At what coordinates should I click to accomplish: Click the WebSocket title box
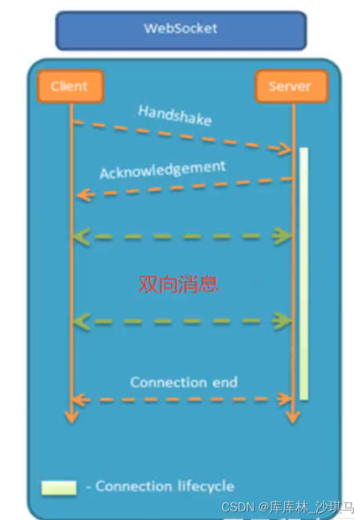(181, 30)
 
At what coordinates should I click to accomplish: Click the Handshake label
(175, 115)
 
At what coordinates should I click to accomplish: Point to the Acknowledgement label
(162, 169)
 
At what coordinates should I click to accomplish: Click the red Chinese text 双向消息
(179, 284)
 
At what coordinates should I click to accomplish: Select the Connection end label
(183, 382)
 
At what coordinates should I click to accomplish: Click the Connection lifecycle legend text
(164, 486)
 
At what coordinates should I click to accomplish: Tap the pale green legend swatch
(59, 487)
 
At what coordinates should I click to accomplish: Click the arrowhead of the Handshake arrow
(286, 149)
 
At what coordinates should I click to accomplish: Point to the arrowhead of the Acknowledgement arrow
(81, 195)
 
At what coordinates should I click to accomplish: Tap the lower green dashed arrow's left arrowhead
(80, 322)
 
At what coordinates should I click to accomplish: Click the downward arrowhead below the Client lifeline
(71, 416)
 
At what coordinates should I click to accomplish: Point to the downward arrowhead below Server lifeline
(293, 416)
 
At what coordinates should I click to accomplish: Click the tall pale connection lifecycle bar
(304, 273)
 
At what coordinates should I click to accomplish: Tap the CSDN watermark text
(288, 507)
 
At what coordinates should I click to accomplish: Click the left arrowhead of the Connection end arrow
(79, 400)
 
